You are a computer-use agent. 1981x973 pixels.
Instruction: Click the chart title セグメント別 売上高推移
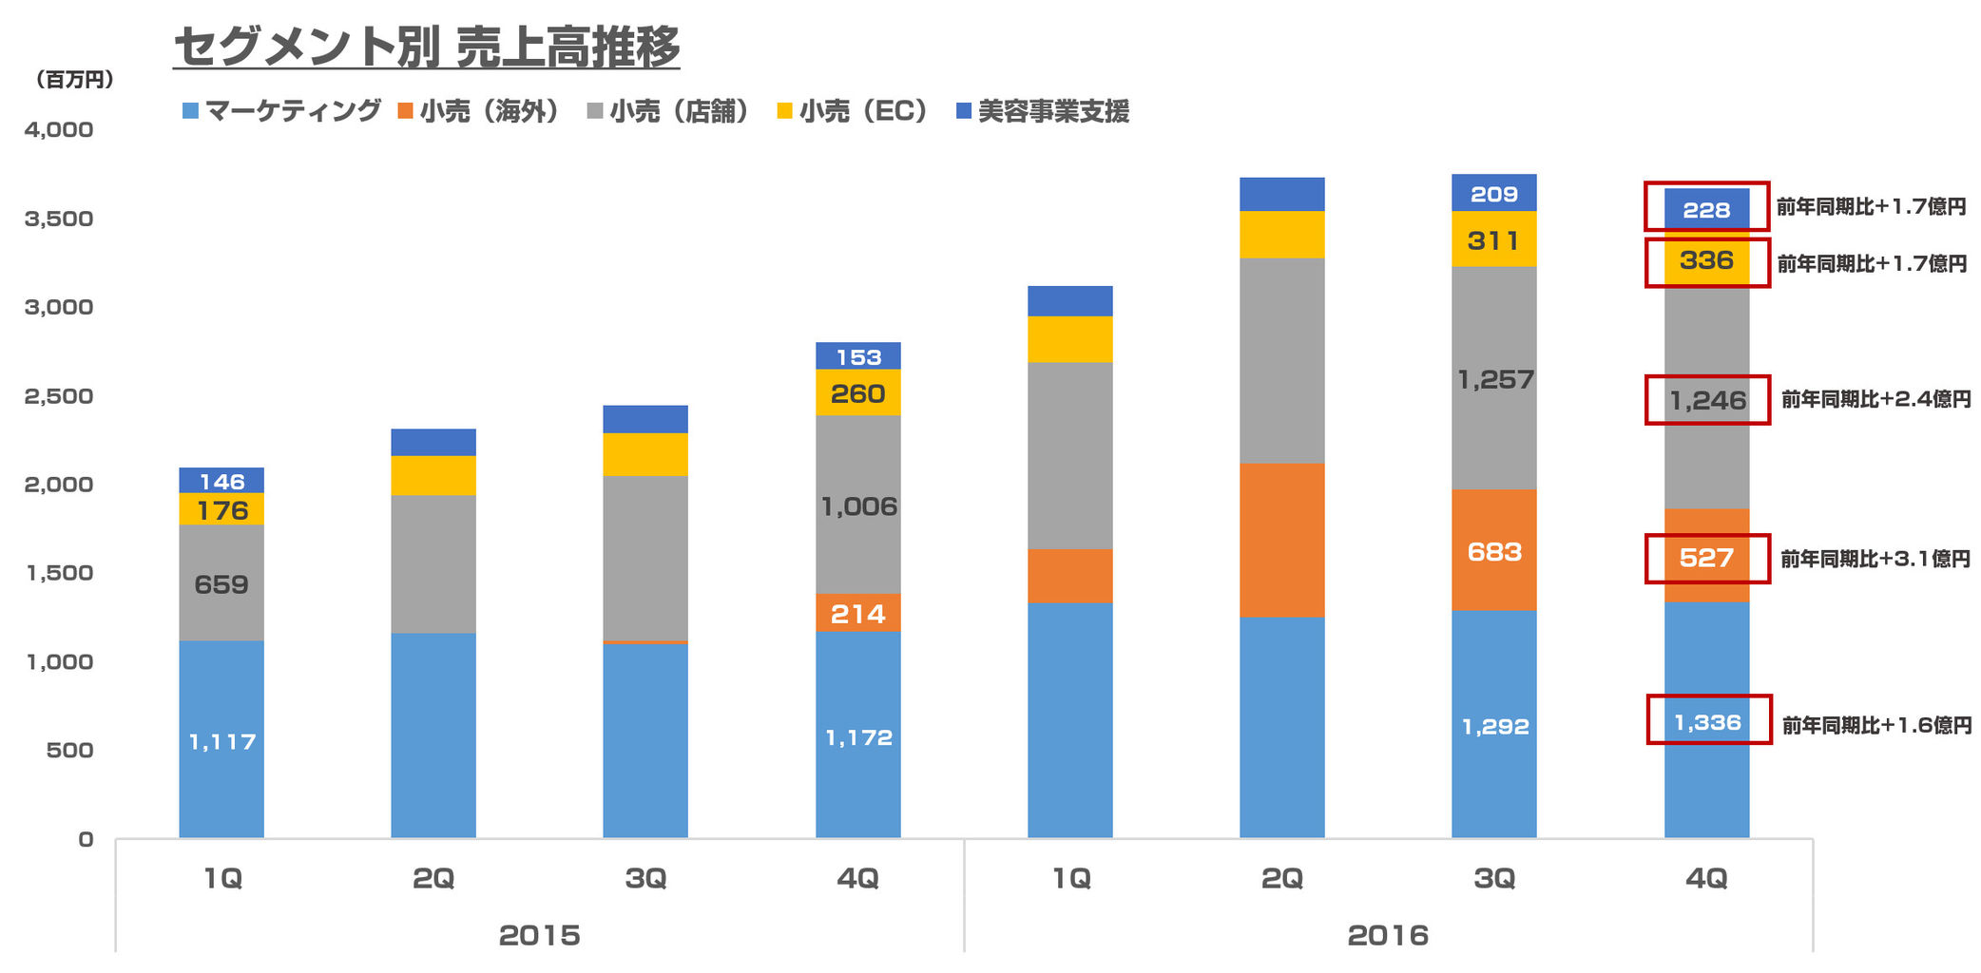pos(427,47)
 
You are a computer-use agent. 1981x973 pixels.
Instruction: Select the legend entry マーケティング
pos(281,111)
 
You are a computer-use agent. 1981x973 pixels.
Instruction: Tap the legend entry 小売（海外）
pos(478,111)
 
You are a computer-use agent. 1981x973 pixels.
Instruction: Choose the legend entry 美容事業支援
pos(1043,111)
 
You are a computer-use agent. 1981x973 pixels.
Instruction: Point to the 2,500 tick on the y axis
pos(59,396)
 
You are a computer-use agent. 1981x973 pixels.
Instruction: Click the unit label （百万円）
pos(74,80)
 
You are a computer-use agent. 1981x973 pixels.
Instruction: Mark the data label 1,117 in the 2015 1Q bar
pos(222,742)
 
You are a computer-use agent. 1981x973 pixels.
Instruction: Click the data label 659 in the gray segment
pos(221,584)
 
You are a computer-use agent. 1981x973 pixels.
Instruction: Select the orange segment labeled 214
pos(857,614)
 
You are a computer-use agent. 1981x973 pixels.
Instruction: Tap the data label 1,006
pos(858,506)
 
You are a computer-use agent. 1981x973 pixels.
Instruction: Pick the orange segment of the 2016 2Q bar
pos(1281,540)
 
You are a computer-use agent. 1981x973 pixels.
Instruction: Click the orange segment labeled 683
pos(1493,551)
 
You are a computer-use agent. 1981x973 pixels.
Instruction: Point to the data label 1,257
pos(1495,380)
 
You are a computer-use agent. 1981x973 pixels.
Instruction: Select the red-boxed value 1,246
pos(1707,400)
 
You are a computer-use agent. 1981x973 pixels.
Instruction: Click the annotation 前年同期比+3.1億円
pos(1875,559)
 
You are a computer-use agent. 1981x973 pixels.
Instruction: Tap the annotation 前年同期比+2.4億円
pos(1875,399)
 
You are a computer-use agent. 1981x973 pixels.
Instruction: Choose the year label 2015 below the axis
pos(539,936)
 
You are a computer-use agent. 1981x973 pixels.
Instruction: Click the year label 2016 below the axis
pos(1388,936)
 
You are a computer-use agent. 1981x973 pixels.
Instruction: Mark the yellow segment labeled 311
pos(1493,240)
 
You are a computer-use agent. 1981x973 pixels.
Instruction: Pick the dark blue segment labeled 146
pos(221,481)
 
